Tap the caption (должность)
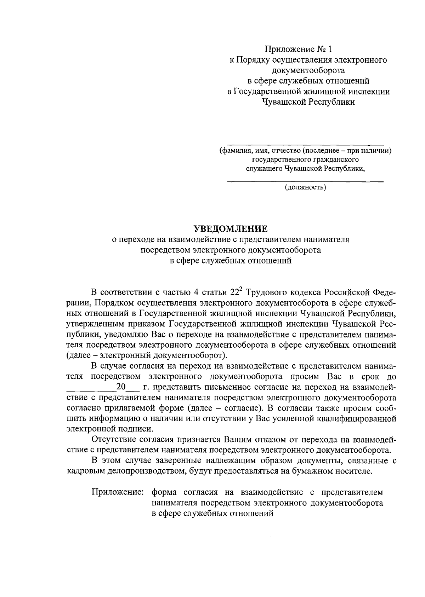coord(305,187)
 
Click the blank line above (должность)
coord(305,182)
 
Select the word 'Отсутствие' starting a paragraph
coord(112,440)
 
